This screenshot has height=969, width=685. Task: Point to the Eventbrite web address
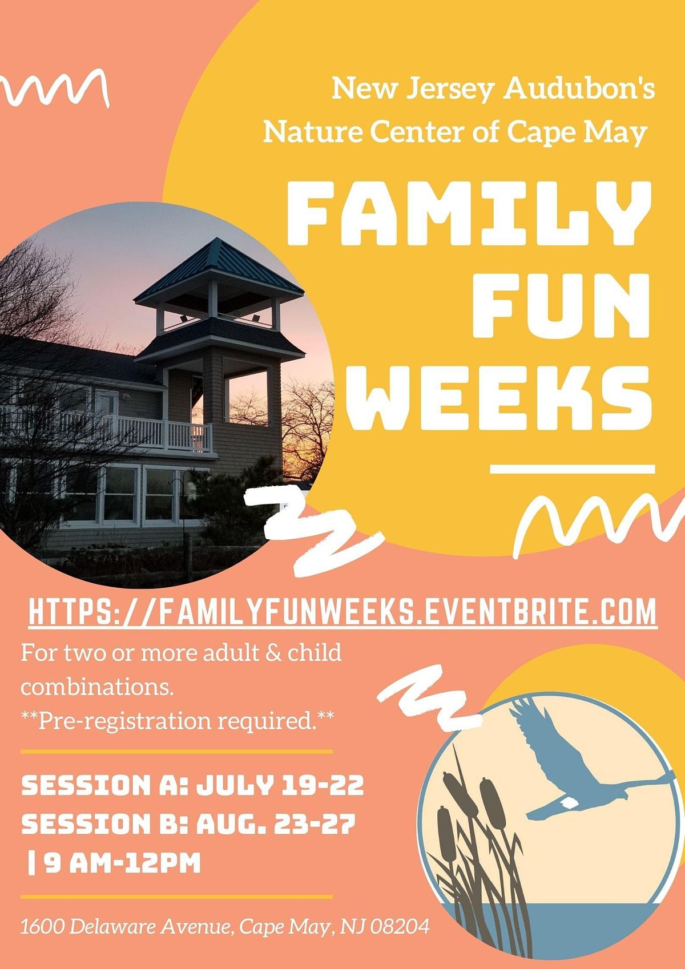pos(342,612)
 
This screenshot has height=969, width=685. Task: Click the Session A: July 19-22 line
pos(192,786)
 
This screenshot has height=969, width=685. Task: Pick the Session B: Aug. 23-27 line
pos(188,825)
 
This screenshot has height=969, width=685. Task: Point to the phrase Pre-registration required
pos(177,721)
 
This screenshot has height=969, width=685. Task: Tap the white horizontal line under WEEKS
pos(573,469)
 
